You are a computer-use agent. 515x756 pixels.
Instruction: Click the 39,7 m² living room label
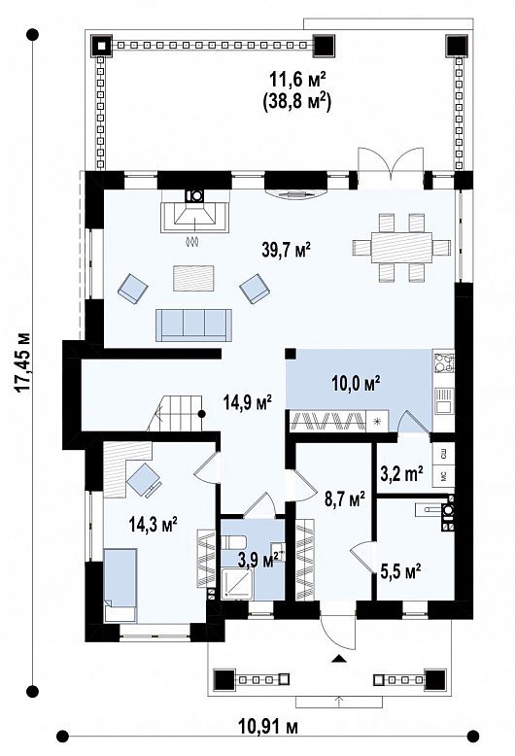click(x=287, y=251)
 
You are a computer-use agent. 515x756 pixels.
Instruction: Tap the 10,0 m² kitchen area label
click(x=357, y=383)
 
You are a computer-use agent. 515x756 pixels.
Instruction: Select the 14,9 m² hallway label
click(x=248, y=401)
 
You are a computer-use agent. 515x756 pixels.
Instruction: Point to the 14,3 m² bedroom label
click(x=154, y=522)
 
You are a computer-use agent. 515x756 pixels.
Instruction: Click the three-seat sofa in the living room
click(x=193, y=325)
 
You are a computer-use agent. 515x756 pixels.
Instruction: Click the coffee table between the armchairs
click(x=193, y=278)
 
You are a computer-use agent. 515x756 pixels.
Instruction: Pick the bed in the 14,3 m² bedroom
click(x=120, y=586)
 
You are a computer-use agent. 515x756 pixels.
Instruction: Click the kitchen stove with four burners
click(x=444, y=363)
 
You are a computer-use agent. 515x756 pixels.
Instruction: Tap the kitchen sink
click(x=444, y=401)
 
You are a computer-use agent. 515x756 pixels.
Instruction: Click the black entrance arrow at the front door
click(x=339, y=659)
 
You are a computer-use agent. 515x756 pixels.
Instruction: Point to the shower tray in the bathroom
click(x=237, y=584)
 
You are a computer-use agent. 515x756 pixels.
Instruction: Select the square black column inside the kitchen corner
click(x=291, y=354)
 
